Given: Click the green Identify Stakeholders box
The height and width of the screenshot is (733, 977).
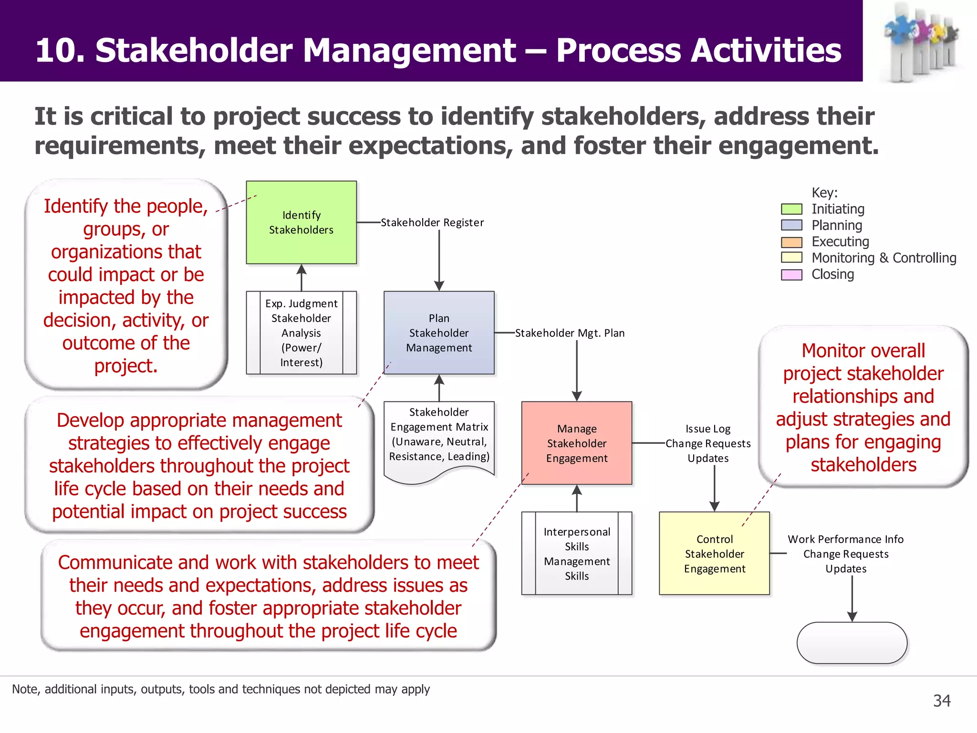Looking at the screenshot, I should (301, 222).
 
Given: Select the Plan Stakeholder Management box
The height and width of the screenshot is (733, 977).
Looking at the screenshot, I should (439, 333).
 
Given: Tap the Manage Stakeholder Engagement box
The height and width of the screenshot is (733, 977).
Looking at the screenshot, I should (576, 443).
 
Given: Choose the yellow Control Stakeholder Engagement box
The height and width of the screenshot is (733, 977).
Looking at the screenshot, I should (714, 554).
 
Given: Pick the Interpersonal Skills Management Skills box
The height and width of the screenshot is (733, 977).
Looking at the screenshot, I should (576, 554).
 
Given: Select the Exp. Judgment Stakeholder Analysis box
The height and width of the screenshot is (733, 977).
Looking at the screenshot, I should (301, 333).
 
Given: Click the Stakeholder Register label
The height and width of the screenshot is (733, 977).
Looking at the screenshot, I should (432, 222).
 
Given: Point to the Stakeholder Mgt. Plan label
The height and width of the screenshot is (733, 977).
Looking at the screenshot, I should (570, 333).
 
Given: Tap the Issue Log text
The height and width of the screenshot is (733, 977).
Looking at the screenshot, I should (708, 429).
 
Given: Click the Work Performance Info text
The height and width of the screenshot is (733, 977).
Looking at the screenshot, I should (845, 539).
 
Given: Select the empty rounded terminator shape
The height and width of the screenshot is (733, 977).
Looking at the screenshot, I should (852, 643).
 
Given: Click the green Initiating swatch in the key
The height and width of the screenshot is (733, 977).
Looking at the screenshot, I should (791, 209).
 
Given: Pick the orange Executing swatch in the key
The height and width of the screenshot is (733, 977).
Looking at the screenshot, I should (791, 242).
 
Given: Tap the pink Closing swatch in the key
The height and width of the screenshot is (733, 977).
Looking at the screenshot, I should (791, 274).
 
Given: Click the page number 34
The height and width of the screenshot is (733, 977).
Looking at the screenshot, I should (942, 701).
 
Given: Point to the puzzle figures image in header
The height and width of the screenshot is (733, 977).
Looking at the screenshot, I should (919, 42).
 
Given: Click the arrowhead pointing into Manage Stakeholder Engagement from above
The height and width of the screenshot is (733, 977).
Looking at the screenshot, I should (577, 396).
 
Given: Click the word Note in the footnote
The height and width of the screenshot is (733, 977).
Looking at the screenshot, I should (25, 689).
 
